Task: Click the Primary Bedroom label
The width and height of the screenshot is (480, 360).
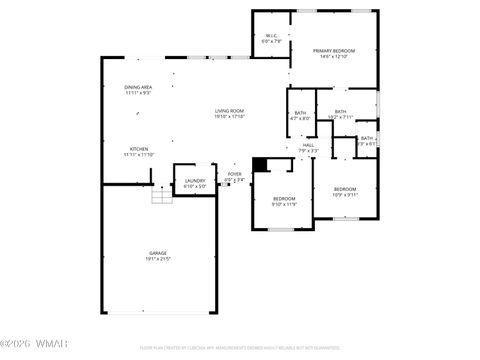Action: click(x=334, y=50)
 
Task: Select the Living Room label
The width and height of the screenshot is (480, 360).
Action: click(x=230, y=110)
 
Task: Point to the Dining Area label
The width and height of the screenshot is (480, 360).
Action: click(x=138, y=87)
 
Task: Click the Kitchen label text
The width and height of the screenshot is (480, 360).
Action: click(x=138, y=149)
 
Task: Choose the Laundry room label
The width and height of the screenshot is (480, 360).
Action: click(x=195, y=180)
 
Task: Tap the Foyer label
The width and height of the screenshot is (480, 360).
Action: click(x=234, y=174)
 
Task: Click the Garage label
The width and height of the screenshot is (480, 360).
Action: click(x=158, y=253)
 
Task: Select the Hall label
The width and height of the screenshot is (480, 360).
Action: click(x=309, y=145)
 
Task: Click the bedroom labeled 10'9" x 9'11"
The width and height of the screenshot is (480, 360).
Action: click(x=345, y=189)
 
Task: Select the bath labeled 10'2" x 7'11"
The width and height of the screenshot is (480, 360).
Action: click(x=340, y=112)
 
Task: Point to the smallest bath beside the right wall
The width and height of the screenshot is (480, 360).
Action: click(x=367, y=139)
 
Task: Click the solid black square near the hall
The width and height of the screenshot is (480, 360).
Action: click(x=260, y=165)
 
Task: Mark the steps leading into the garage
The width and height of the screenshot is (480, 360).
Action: click(x=161, y=196)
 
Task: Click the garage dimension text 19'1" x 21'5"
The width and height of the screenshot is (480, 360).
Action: click(x=158, y=259)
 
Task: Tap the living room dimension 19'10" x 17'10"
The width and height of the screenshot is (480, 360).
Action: click(x=230, y=116)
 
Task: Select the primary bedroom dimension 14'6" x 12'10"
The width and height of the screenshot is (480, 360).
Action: click(x=334, y=56)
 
